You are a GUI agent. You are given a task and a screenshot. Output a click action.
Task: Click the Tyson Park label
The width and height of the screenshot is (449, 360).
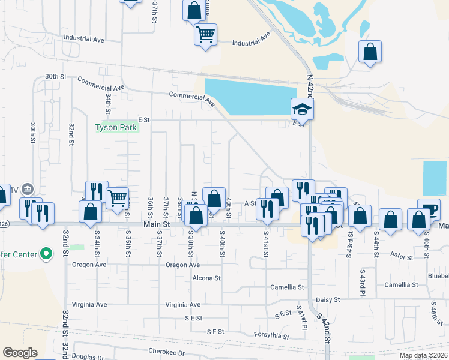coord(116,127)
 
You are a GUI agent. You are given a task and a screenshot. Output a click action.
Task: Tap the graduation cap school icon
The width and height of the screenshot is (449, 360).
coord(302,109)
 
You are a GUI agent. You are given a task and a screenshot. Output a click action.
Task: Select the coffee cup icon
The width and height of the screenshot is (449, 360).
coord(428,210)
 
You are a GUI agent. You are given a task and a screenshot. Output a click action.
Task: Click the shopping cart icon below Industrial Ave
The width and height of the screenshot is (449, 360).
coord(205,34)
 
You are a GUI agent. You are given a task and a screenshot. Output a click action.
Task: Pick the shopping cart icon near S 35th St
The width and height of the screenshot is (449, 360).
coord(117,197)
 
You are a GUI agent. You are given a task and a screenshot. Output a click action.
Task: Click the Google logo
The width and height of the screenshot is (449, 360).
coord(20,353)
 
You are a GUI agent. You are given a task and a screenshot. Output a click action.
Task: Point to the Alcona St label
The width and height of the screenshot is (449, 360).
coord(206,278)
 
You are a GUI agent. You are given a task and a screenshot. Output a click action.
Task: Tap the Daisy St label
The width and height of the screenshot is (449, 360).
coord(328,299)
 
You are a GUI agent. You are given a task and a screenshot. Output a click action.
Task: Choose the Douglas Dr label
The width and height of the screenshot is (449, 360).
coord(88,358)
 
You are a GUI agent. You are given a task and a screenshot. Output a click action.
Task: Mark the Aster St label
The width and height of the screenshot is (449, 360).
coord(402,257)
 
